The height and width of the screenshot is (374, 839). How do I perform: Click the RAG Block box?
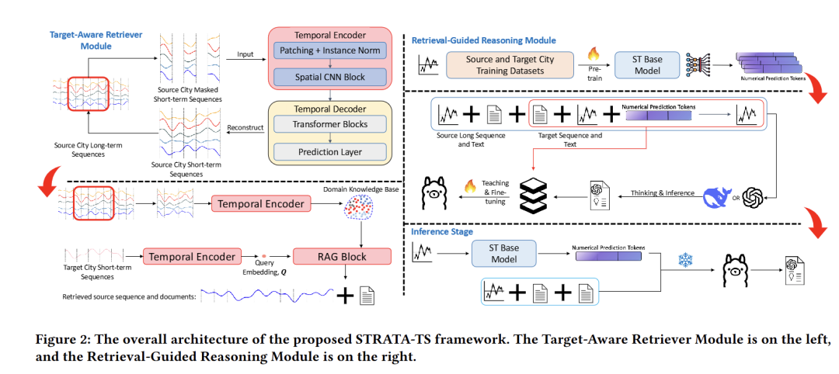341,256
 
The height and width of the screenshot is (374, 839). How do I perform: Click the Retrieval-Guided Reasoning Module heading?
483,40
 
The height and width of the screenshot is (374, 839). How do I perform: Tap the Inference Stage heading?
440,231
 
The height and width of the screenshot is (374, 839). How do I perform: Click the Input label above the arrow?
246,54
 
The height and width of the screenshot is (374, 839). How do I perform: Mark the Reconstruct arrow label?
243,126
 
